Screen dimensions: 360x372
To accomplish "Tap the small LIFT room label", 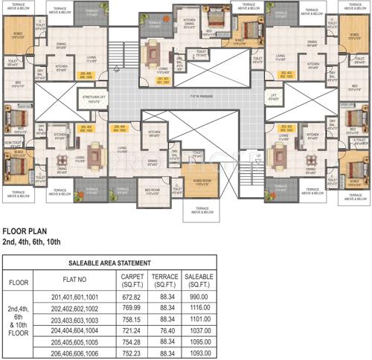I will pyautogui.click(x=274, y=97).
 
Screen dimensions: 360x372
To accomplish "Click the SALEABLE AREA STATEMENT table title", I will pyautogui.click(x=109, y=263).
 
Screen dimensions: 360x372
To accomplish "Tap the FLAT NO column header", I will pyautogui.click(x=74, y=282).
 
